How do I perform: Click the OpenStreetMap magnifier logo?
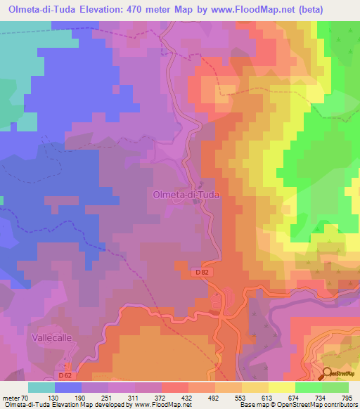pyautogui.click(x=328, y=374)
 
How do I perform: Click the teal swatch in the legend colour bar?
pyautogui.click(x=41, y=387)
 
